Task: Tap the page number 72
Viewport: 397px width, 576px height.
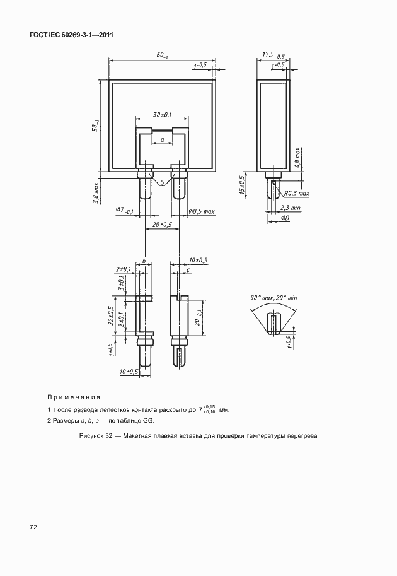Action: tap(33, 526)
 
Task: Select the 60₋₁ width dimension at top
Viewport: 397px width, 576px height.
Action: tap(163, 56)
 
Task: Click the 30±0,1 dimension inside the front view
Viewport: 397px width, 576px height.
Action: tap(162, 114)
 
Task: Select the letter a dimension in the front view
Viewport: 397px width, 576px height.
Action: tap(162, 138)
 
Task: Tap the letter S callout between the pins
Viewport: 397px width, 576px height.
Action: tap(163, 182)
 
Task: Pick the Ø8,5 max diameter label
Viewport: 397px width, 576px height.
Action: tap(202, 211)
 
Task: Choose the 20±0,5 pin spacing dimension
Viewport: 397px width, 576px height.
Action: tap(162, 225)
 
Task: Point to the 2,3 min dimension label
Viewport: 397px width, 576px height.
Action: tap(291, 207)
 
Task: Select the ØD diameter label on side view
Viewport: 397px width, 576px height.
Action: tap(285, 218)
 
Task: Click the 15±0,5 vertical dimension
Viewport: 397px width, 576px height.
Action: tap(243, 185)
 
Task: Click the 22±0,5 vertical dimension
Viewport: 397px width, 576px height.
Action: tap(111, 315)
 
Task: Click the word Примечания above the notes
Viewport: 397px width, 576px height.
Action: tap(74, 397)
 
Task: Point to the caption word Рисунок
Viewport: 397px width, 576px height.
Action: tap(93, 437)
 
